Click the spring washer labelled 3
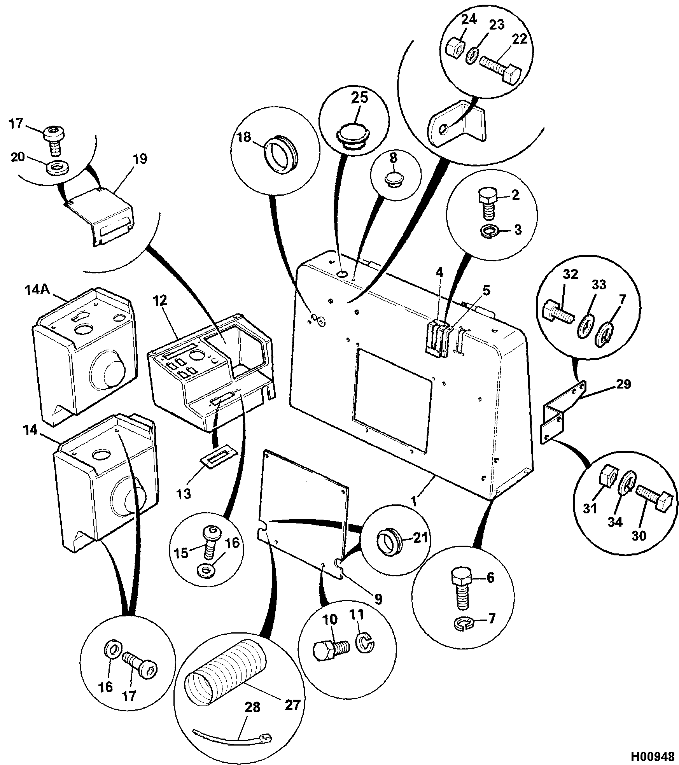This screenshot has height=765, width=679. coord(488,232)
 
